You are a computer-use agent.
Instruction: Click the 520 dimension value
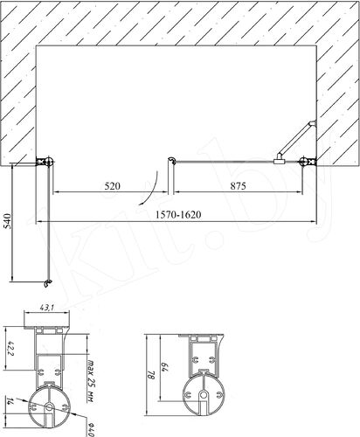112,186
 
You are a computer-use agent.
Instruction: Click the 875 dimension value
238,186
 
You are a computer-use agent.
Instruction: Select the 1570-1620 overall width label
178,215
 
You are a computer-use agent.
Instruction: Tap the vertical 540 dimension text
7,221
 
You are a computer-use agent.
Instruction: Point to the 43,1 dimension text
46,307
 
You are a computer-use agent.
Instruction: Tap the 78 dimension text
151,374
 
